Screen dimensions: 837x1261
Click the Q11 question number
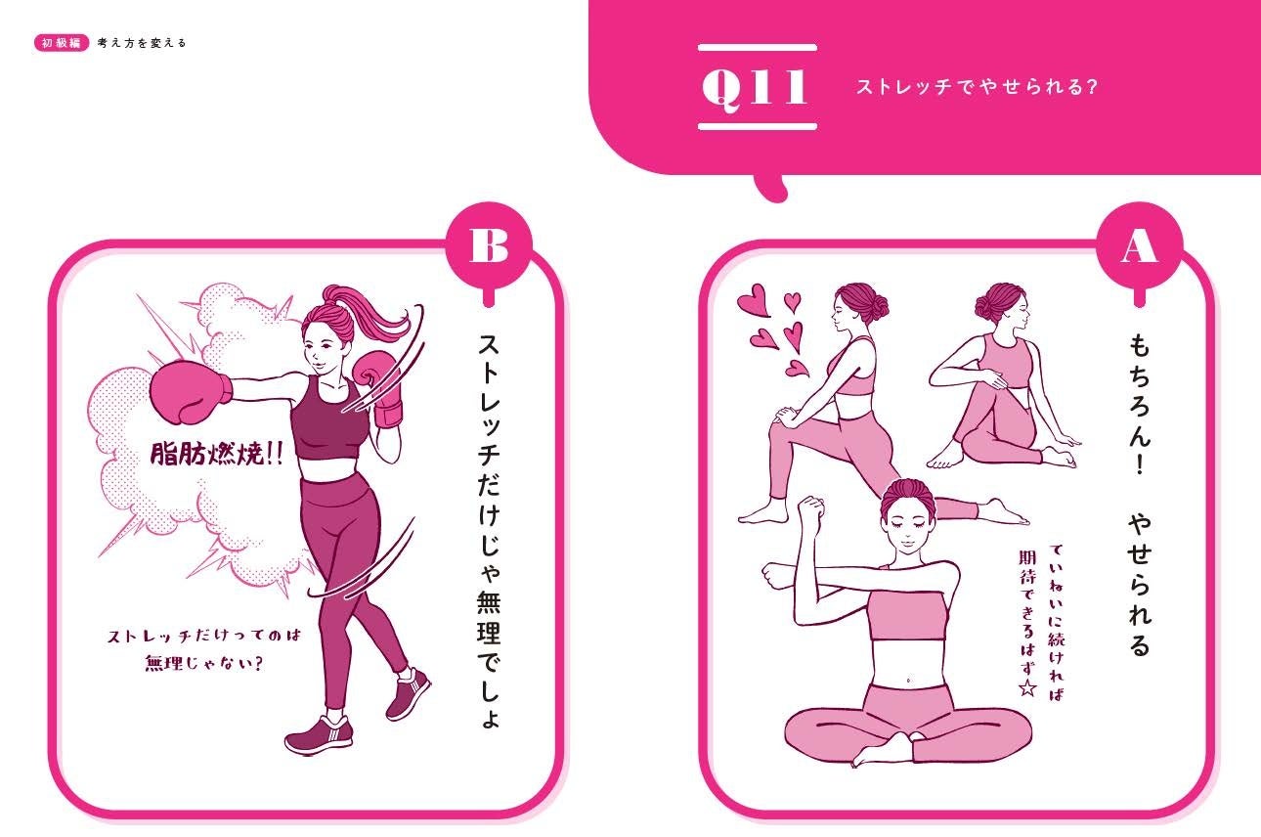pyautogui.click(x=756, y=88)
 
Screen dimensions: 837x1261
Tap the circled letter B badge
pyautogui.click(x=489, y=246)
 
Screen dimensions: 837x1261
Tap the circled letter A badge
pyautogui.click(x=1139, y=247)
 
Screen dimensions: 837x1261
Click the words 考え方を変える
pyautogui.click(x=142, y=43)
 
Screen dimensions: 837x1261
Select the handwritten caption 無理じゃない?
pyautogui.click(x=204, y=663)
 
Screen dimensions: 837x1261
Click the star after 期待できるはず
pyautogui.click(x=1027, y=687)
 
